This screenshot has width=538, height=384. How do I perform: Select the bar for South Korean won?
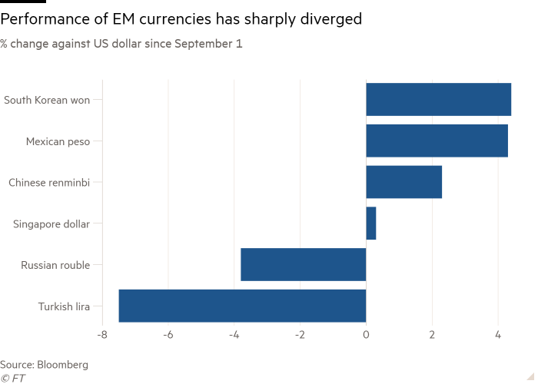[x=438, y=100]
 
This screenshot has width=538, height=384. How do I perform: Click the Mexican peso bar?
[x=437, y=141]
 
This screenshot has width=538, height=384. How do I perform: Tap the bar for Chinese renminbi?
[x=404, y=183]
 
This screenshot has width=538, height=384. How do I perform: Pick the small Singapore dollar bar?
[x=371, y=224]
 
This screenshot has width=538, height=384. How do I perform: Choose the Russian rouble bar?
[x=303, y=265]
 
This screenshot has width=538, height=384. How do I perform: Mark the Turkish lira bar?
[x=242, y=306]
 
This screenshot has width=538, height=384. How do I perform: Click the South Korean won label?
[x=47, y=100]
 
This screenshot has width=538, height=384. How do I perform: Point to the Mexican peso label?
[x=58, y=141]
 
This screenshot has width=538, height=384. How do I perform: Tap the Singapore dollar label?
[x=51, y=224]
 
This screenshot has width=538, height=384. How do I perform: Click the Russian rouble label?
[x=55, y=265]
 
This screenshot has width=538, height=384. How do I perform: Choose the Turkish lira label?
[x=64, y=306]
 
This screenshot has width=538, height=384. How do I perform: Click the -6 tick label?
[x=168, y=335]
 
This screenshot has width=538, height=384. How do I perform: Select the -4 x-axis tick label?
[x=234, y=335]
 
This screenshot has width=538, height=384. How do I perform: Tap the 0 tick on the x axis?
[x=367, y=335]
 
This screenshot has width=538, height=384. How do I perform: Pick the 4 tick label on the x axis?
[x=498, y=335]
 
